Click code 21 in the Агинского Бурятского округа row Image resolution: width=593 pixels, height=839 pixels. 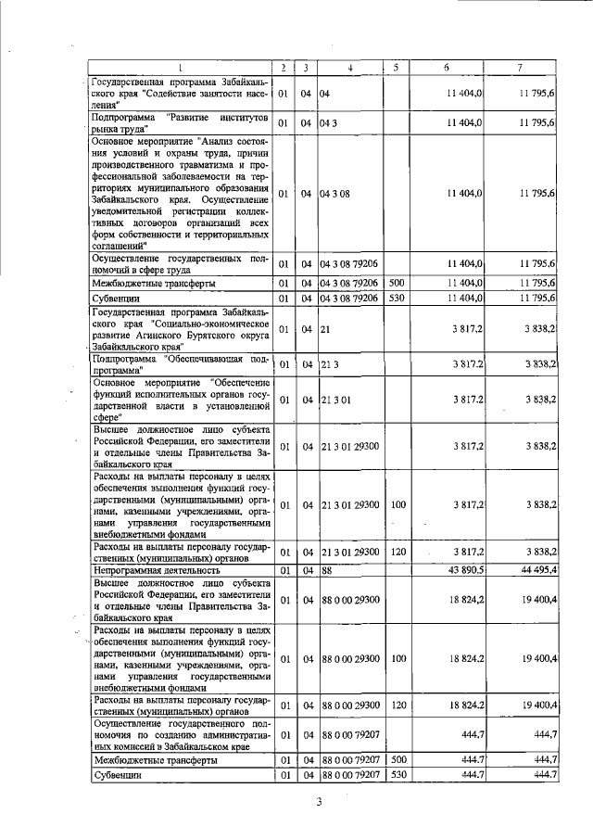click(326, 329)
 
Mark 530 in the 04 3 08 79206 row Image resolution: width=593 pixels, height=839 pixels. click(397, 299)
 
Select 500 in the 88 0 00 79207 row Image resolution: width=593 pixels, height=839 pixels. click(397, 759)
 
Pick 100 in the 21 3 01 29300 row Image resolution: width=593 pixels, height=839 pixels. click(398, 505)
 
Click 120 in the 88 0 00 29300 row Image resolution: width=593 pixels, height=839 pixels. click(398, 706)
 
